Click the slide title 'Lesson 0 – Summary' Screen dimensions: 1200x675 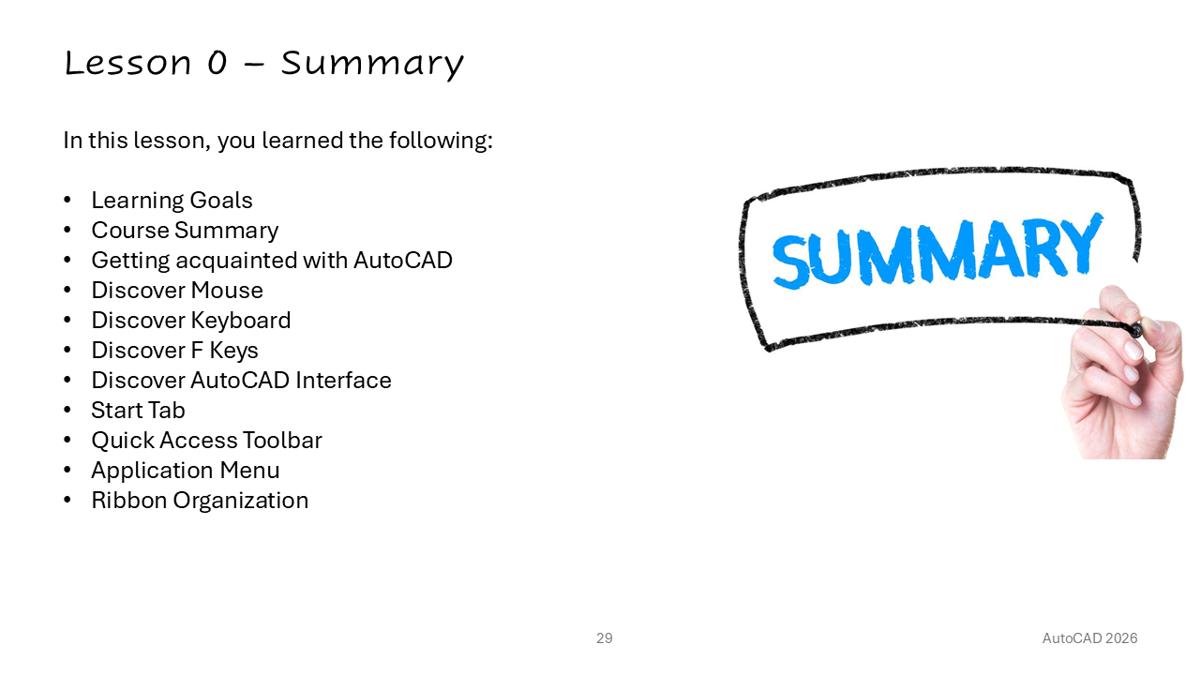263,64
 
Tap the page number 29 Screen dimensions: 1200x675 605,638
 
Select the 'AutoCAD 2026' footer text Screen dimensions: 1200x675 1089,638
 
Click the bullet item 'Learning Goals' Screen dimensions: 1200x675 172,201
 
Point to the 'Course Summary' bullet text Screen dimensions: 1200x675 185,231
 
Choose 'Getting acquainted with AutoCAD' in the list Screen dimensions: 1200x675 272,261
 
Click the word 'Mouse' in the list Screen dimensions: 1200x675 227,291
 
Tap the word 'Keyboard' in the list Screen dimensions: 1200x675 241,321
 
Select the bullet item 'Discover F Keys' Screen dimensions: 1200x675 174,351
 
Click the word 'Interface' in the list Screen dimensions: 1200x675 343,381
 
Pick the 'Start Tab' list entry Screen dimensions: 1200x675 138,411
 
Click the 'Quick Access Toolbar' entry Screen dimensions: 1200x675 207,441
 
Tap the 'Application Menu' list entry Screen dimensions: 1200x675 186,471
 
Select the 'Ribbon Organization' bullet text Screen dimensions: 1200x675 200,501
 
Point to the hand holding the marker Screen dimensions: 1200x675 1122,375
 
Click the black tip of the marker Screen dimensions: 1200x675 1136,330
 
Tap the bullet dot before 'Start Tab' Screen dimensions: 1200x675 67,411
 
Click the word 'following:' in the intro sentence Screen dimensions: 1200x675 441,141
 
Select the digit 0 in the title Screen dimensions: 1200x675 217,63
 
